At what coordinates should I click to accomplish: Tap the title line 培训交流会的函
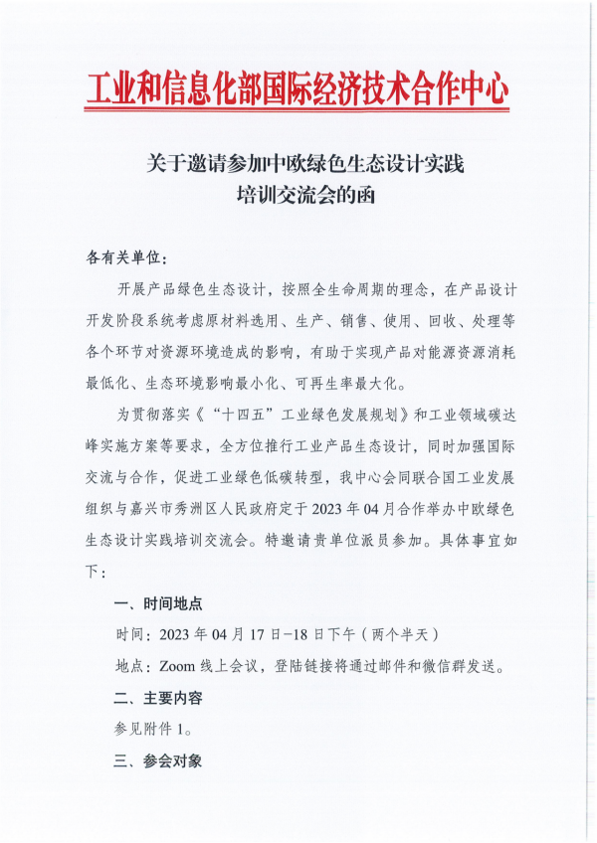(x=298, y=194)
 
